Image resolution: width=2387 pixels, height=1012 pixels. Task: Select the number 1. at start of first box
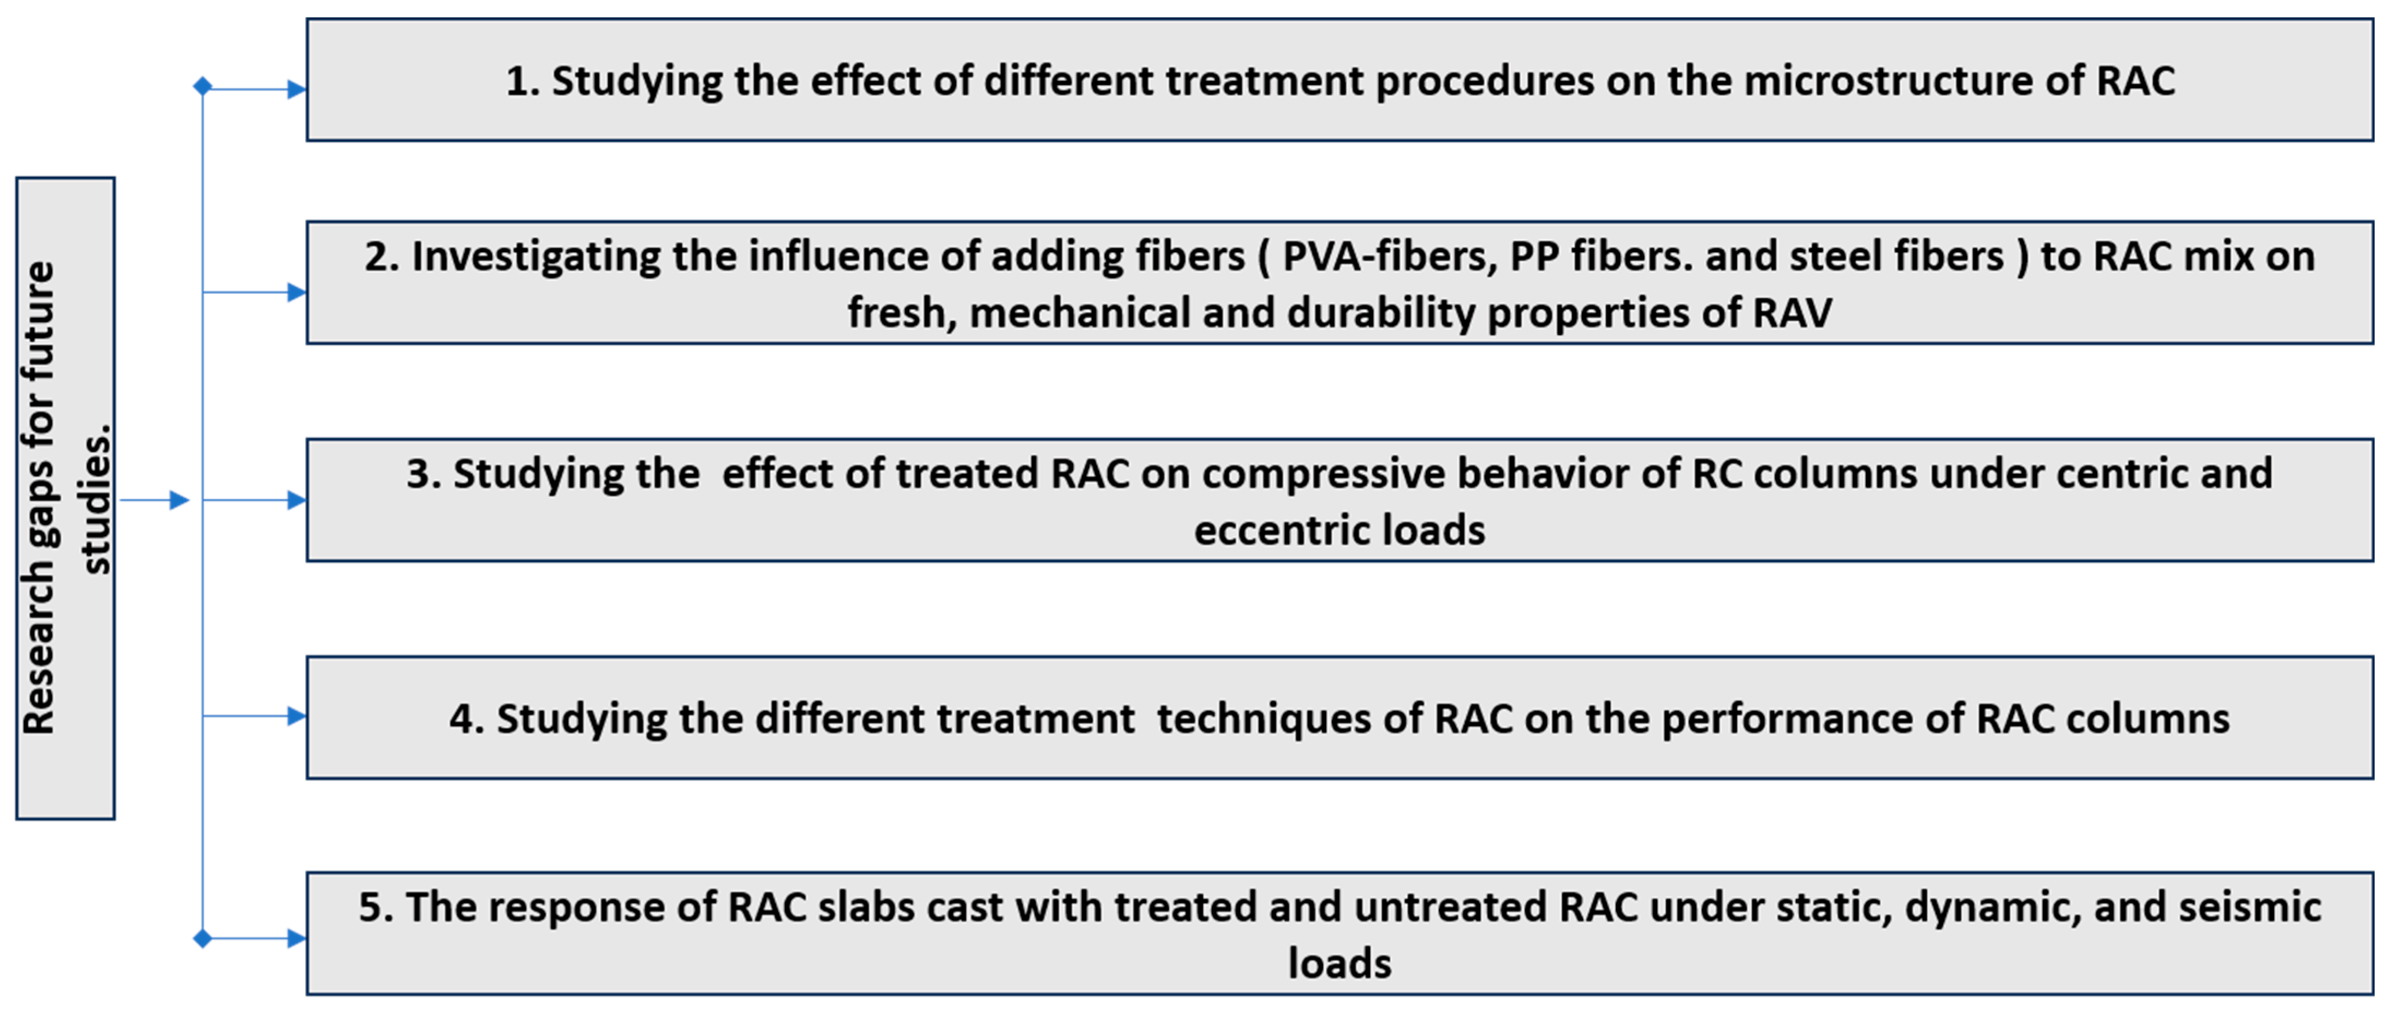(522, 81)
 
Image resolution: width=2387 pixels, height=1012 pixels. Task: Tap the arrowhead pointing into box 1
(296, 90)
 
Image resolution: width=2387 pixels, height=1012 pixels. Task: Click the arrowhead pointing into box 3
(296, 501)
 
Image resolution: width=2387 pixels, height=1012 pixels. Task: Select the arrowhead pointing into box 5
(296, 939)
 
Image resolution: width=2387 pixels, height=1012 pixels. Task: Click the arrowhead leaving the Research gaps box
(179, 501)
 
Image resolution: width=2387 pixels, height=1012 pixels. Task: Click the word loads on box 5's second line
(1340, 964)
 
